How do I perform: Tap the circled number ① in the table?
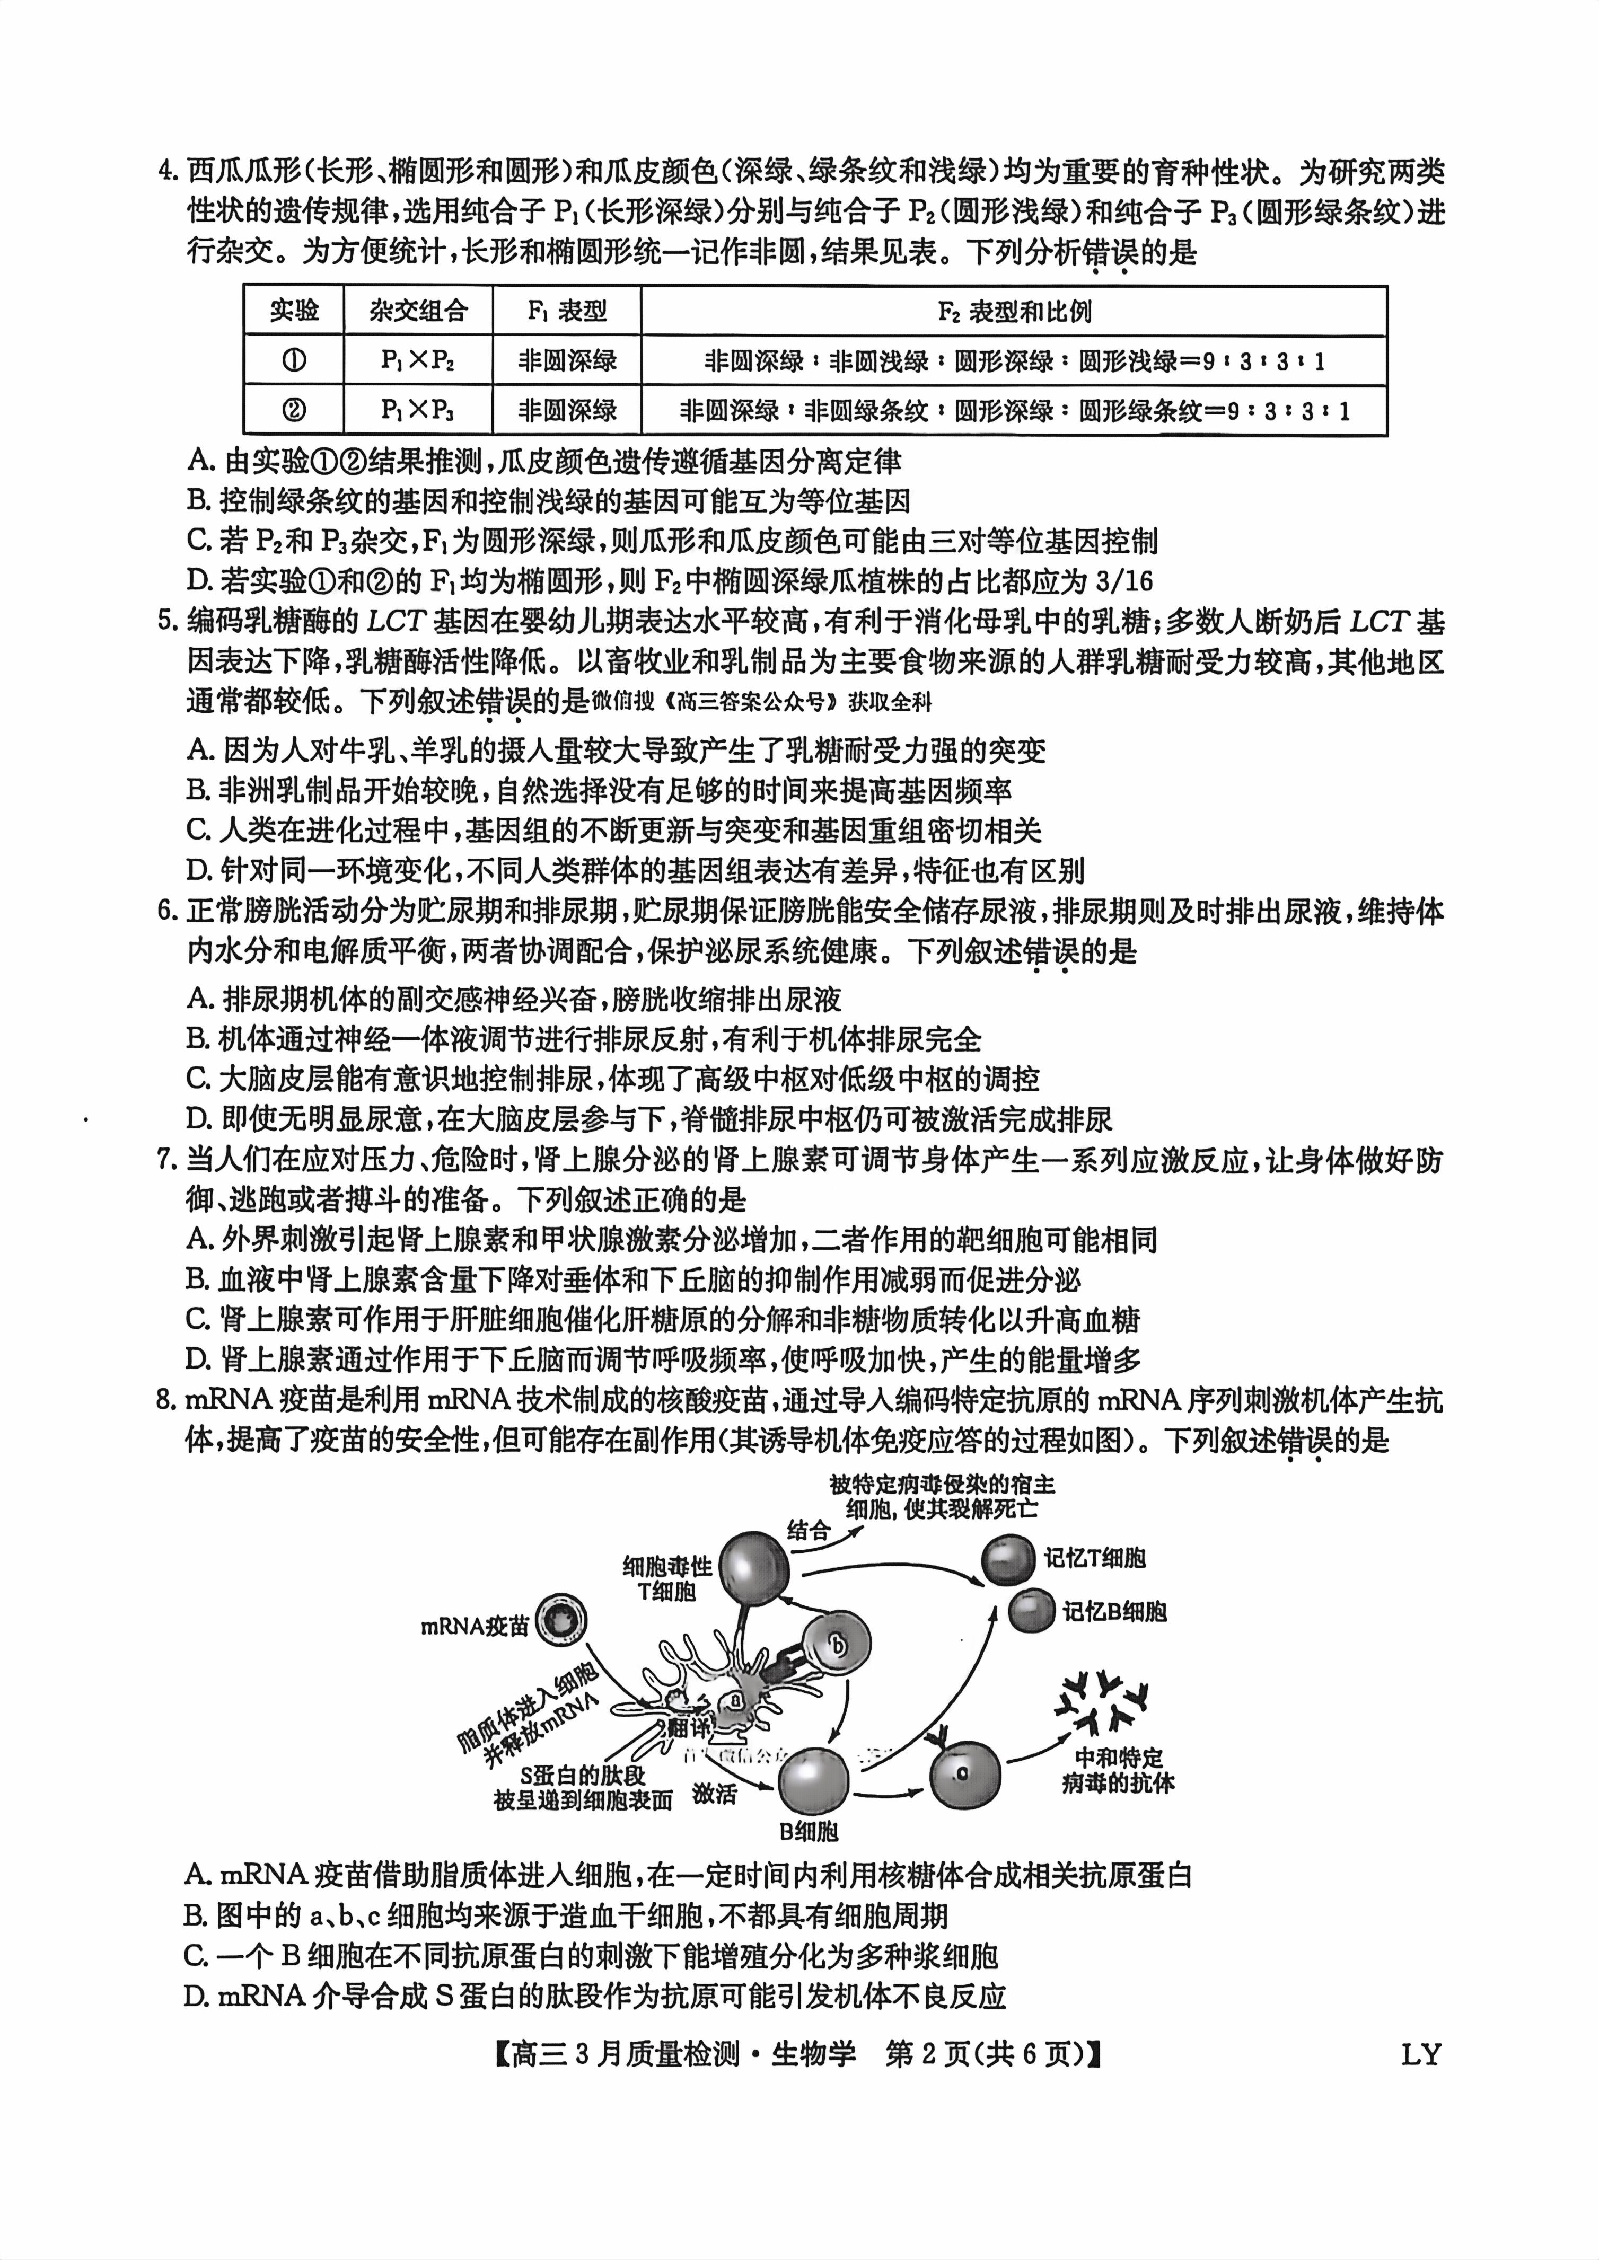coord(293,360)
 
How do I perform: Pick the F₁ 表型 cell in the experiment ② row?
coord(567,410)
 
